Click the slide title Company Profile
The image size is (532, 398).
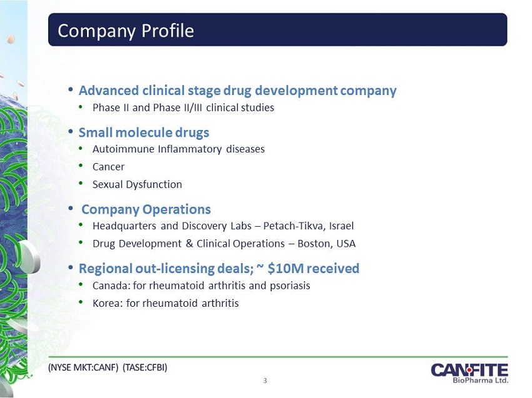pyautogui.click(x=126, y=31)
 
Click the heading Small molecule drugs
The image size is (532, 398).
pyautogui.click(x=144, y=132)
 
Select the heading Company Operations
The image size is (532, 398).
pyautogui.click(x=146, y=209)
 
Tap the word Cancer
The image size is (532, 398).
pyautogui.click(x=108, y=167)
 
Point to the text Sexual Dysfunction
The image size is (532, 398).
pyautogui.click(x=138, y=184)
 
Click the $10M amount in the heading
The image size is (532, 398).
pyautogui.click(x=285, y=268)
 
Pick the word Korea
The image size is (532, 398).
pyautogui.click(x=107, y=303)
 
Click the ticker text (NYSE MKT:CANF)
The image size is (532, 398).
pyautogui.click(x=83, y=367)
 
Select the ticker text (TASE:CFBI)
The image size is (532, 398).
pyautogui.click(x=145, y=367)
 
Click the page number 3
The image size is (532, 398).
pyautogui.click(x=265, y=381)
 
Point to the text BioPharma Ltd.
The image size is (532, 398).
pyautogui.click(x=481, y=380)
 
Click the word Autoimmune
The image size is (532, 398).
pyautogui.click(x=123, y=149)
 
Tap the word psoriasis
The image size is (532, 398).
pyautogui.click(x=290, y=286)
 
